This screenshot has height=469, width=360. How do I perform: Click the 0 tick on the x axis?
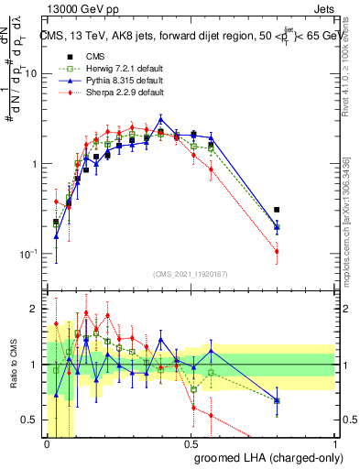tap(47, 443)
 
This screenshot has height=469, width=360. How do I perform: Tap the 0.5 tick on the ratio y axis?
tap(34, 420)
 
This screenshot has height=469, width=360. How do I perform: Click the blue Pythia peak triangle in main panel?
tap(161, 119)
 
